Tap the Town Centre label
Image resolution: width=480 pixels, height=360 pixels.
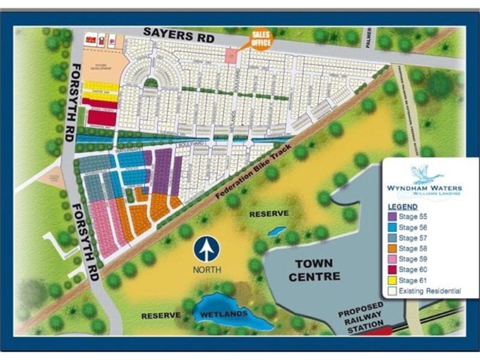point(314,270)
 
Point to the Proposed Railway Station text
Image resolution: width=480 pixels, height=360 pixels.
point(360,318)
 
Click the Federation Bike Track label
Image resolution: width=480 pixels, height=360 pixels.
point(251,174)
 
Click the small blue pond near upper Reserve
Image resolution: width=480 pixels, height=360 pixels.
point(277,230)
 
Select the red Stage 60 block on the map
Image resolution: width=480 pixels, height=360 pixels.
point(101,117)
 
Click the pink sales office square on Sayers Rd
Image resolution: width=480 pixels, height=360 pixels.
point(230,55)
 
